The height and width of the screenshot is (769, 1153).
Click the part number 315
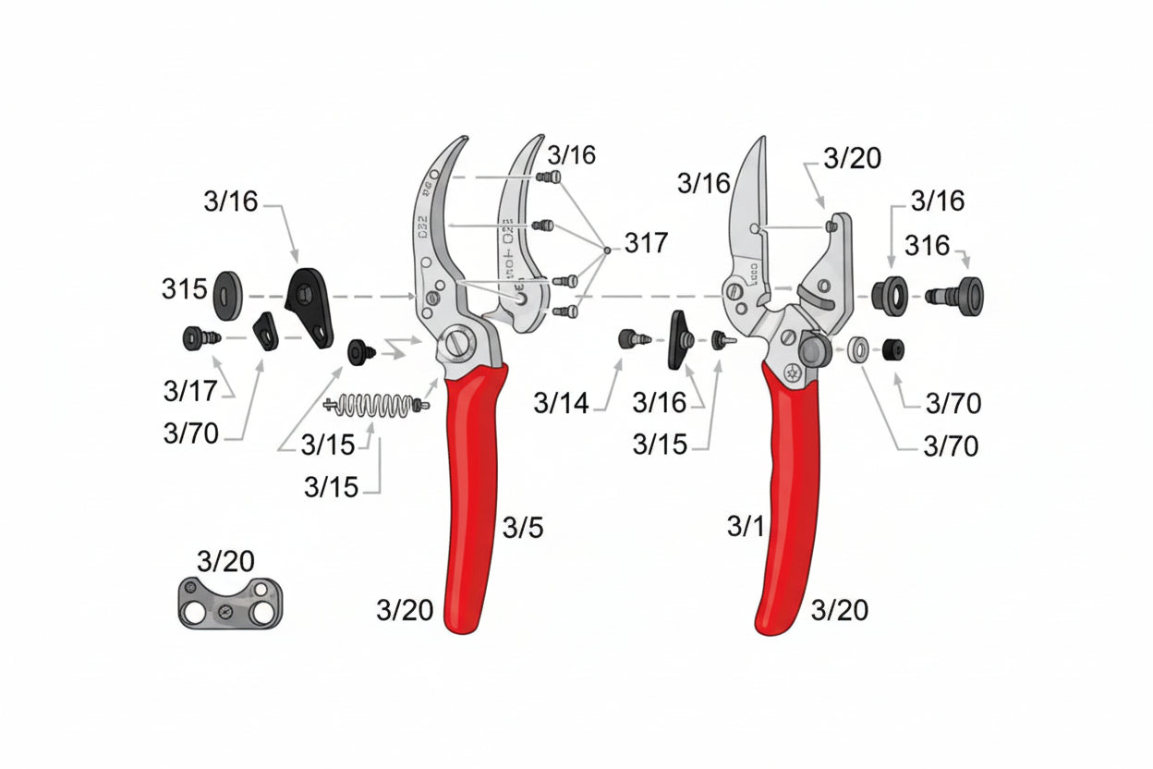pyautogui.click(x=185, y=290)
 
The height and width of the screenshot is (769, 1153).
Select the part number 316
pyautogui.click(x=927, y=246)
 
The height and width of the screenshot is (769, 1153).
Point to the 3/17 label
pyautogui.click(x=189, y=391)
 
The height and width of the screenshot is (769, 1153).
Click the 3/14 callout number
pyautogui.click(x=560, y=403)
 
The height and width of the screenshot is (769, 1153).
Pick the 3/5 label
pyautogui.click(x=522, y=528)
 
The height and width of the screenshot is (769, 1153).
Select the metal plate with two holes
pyautogui.click(x=228, y=603)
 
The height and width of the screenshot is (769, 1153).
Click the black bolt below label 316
pyautogui.click(x=956, y=295)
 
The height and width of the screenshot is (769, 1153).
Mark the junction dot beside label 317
pyautogui.click(x=606, y=248)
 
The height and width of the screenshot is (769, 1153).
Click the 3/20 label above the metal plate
pyautogui.click(x=225, y=561)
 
